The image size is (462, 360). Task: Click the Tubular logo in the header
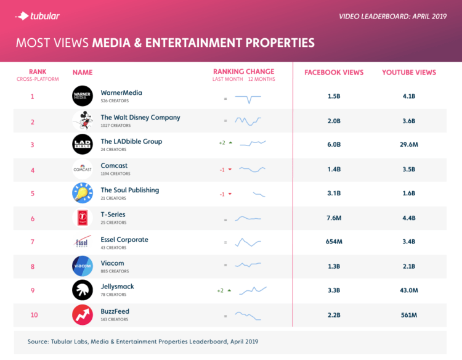38,15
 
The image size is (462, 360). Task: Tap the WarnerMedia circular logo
82,96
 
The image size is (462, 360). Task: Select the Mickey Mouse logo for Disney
82,120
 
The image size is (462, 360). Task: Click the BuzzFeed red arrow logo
82,314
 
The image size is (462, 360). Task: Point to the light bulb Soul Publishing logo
82,193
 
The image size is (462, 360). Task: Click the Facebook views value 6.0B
334,145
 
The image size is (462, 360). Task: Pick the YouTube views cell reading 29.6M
408,145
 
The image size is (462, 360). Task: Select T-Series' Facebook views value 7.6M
334,218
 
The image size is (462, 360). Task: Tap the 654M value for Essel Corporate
334,242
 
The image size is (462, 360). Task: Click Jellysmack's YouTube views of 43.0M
408,290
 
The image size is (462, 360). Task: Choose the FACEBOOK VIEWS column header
334,73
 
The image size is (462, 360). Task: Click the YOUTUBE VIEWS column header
408,73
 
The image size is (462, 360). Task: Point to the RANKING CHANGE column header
244,72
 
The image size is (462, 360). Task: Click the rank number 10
33,315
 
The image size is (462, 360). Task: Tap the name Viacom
112,263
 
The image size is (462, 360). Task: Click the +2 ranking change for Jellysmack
221,290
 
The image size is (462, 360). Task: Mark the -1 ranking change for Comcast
222,170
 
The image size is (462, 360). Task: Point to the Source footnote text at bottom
142,341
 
